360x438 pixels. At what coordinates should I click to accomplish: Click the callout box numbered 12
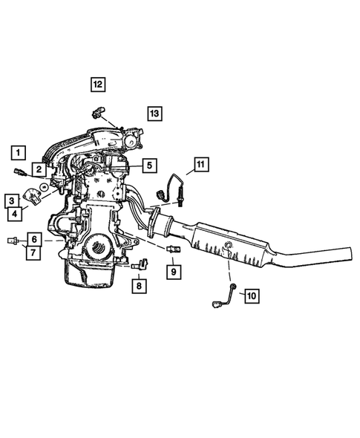[99, 84]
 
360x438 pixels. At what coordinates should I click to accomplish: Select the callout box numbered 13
[154, 114]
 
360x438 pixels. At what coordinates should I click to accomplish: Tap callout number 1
[17, 153]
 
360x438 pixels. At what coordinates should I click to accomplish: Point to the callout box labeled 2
[37, 170]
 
